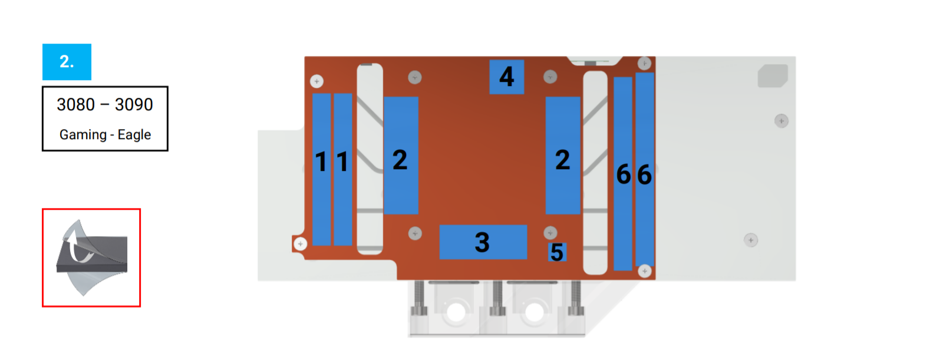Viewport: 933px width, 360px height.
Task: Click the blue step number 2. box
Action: click(67, 62)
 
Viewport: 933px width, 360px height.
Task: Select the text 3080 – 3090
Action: click(105, 104)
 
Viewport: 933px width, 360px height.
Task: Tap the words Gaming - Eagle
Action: click(105, 135)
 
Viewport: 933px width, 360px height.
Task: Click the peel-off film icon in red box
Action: click(91, 258)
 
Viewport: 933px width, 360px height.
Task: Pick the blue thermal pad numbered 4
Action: click(506, 77)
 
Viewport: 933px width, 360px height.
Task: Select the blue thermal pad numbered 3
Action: click(483, 242)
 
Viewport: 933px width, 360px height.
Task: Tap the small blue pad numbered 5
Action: click(557, 252)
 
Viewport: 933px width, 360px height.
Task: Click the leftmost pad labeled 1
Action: click(322, 169)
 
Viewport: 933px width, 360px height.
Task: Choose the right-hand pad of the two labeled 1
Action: click(343, 169)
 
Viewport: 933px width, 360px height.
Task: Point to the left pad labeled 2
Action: click(401, 155)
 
